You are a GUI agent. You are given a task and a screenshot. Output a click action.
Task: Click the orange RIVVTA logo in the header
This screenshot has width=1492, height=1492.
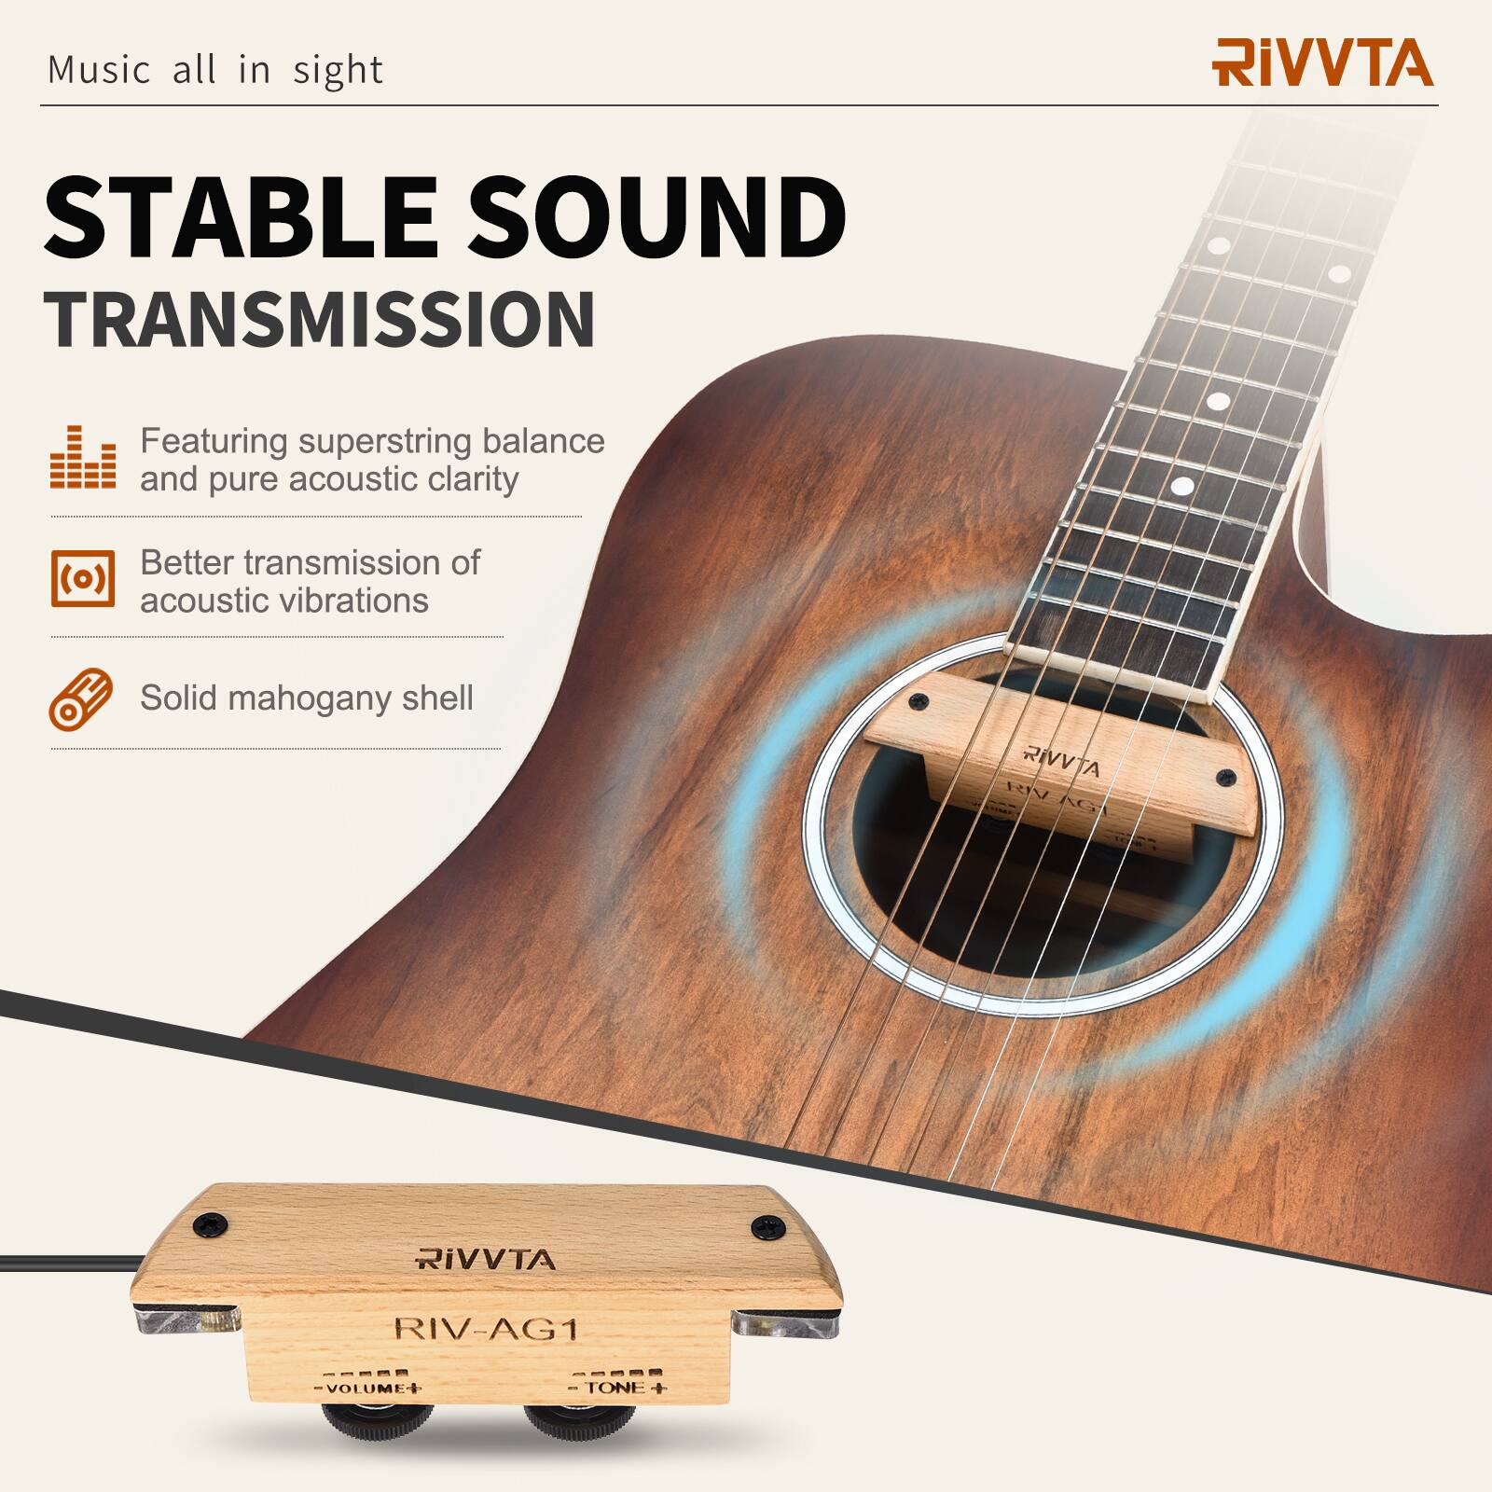(x=1321, y=62)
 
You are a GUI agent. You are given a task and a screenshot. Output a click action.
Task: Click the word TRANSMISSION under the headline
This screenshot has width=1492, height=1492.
(x=319, y=319)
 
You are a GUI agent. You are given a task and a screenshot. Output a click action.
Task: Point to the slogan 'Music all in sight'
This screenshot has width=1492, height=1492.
(x=215, y=71)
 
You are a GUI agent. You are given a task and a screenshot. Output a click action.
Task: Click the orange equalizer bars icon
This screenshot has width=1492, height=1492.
(x=83, y=458)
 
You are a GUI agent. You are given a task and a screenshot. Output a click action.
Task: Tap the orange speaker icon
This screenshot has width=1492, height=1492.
(x=83, y=578)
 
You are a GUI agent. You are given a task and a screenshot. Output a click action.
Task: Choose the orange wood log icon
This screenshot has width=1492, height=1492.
(x=81, y=698)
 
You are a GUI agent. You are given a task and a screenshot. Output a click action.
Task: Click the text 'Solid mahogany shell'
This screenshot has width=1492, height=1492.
(x=306, y=698)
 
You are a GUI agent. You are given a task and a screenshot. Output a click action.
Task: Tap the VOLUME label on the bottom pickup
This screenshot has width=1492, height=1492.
(x=367, y=1388)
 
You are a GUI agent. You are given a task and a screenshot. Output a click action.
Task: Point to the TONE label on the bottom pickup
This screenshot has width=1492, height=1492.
(x=618, y=1388)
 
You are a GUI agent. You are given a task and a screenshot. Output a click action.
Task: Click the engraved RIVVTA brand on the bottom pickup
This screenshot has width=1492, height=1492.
(x=485, y=1260)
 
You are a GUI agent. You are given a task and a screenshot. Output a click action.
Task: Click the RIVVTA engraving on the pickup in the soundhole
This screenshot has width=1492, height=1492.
(x=1062, y=762)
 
